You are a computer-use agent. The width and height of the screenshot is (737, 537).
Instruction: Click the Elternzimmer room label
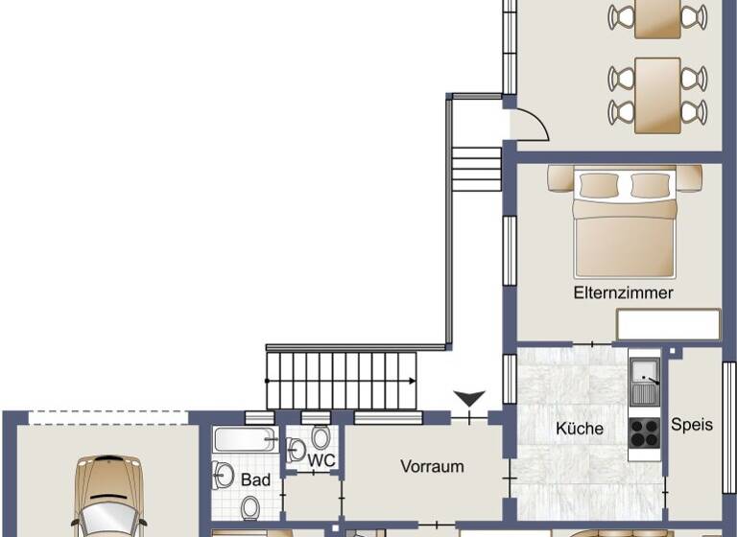(x=623, y=293)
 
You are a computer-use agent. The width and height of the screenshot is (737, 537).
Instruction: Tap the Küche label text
(x=580, y=429)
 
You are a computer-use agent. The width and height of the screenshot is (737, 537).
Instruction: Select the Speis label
(x=692, y=424)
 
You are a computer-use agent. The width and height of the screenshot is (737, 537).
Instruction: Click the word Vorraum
(x=432, y=467)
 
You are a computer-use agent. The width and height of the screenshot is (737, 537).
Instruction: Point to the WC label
(x=321, y=460)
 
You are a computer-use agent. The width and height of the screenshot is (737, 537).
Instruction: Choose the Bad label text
(x=255, y=478)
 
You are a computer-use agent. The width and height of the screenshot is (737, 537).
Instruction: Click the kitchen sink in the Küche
(x=645, y=382)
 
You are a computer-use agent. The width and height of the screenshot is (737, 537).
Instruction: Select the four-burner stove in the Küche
(x=644, y=433)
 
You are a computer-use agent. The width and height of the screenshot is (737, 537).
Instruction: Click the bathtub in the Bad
(x=245, y=441)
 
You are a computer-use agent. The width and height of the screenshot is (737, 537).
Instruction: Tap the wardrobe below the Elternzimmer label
(x=668, y=325)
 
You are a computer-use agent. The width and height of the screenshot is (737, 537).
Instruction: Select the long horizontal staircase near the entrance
(x=343, y=379)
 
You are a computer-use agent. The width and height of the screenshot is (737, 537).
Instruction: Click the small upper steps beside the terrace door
(x=476, y=169)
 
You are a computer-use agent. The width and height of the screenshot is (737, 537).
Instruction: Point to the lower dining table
(x=657, y=95)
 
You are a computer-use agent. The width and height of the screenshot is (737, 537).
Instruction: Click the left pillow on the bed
(x=593, y=184)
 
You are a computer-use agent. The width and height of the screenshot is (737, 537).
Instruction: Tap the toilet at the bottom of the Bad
(x=250, y=507)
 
